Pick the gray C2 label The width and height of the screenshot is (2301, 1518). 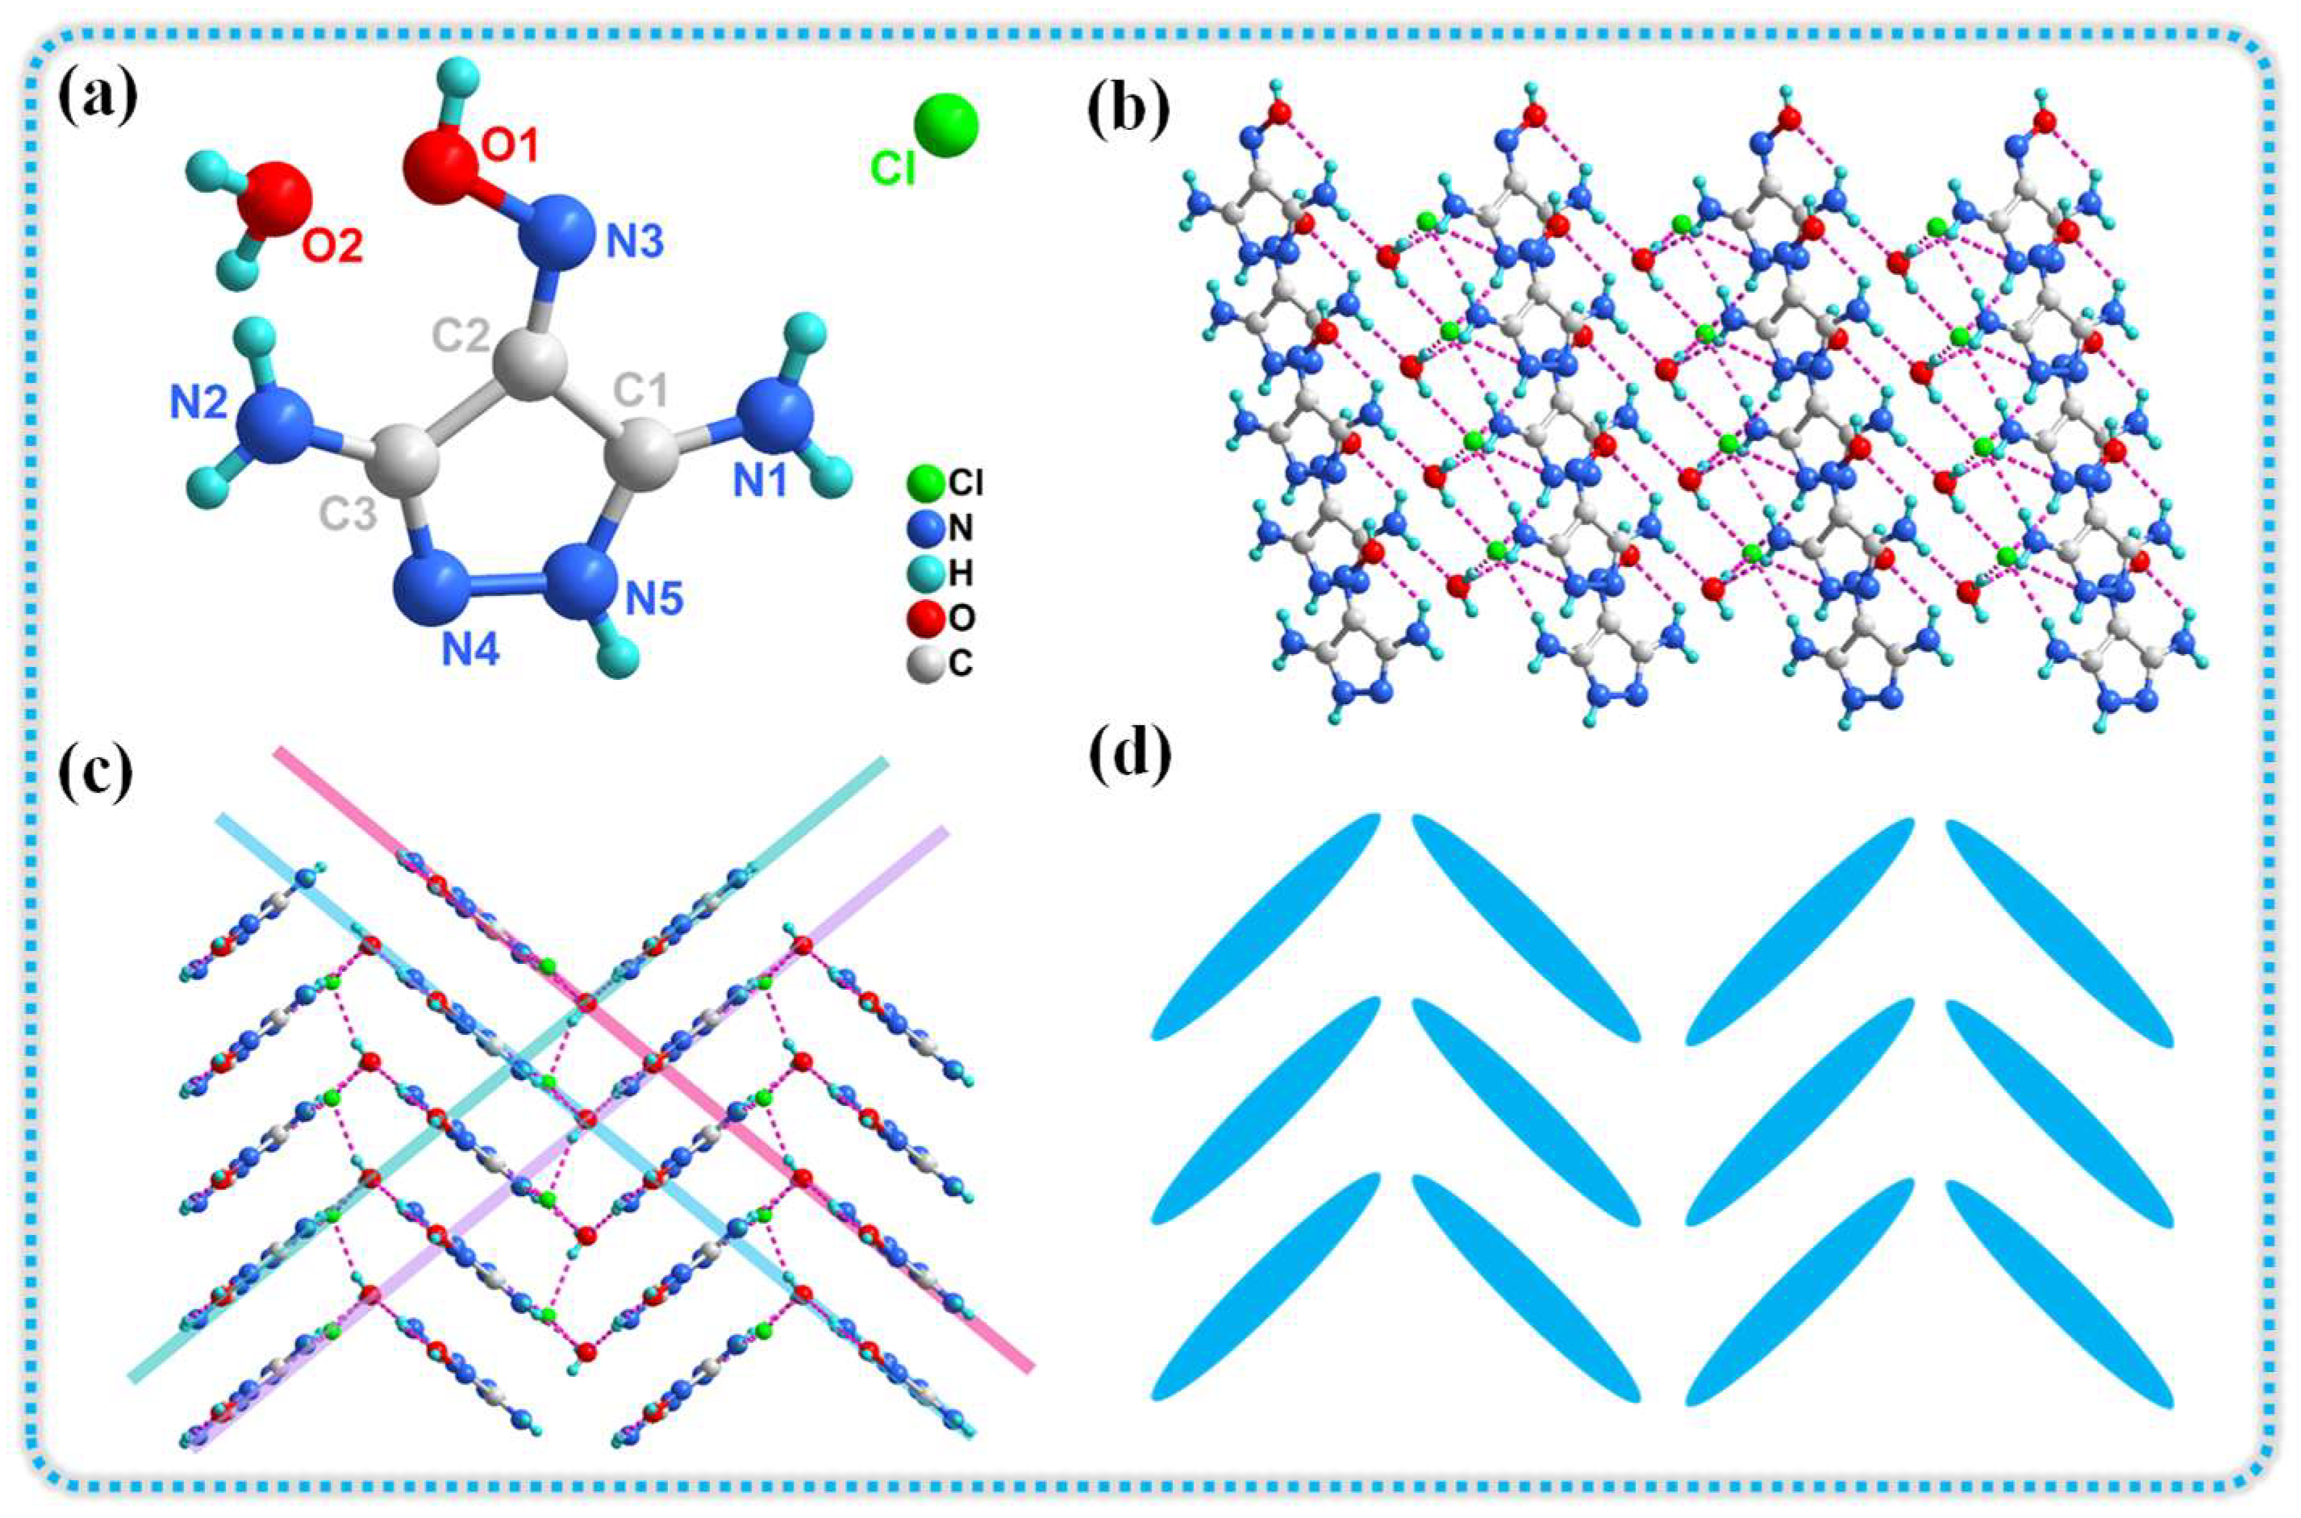(462, 334)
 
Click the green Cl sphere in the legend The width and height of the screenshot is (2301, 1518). (923, 482)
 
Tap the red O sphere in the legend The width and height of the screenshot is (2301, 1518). (923, 617)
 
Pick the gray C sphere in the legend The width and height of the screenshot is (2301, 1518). (923, 663)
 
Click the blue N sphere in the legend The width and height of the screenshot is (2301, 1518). (923, 528)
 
